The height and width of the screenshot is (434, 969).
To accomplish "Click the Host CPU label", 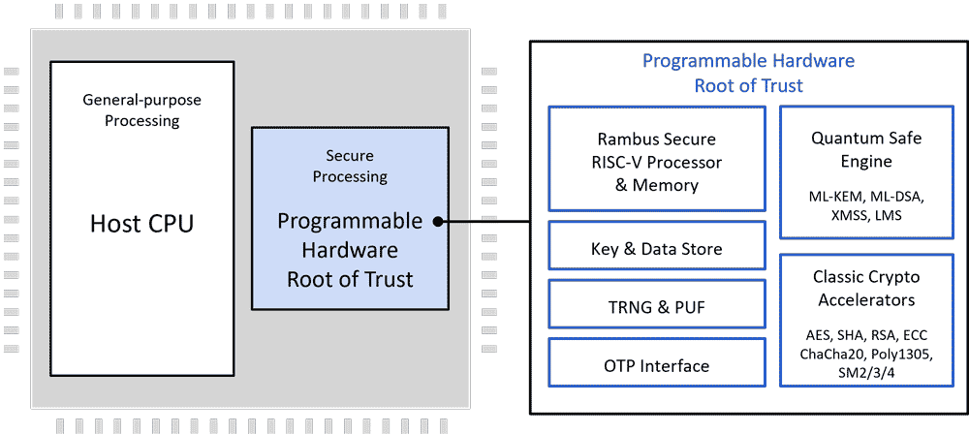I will pos(141,224).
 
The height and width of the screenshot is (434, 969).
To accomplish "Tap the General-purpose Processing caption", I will pos(141,110).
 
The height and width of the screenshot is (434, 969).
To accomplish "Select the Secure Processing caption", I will pos(350,166).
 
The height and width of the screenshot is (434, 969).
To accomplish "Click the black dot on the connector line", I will pos(438,222).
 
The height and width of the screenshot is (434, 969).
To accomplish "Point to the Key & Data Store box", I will pos(656,249).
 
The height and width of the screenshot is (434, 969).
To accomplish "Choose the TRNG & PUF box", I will pos(656,308).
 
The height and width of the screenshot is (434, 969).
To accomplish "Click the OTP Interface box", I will pos(656,366).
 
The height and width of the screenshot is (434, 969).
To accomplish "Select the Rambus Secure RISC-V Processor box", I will pos(656,162).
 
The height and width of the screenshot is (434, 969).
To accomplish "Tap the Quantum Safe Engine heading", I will pos(866,149).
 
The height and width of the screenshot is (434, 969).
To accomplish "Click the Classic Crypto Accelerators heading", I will pos(866,289).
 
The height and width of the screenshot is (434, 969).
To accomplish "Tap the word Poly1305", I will pos(900,354).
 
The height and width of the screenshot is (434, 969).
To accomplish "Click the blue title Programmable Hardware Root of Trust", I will pos(748,74).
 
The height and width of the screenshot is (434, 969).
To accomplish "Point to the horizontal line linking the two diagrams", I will pos(489,222).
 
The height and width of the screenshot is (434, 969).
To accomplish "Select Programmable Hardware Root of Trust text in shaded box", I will pos(350,250).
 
